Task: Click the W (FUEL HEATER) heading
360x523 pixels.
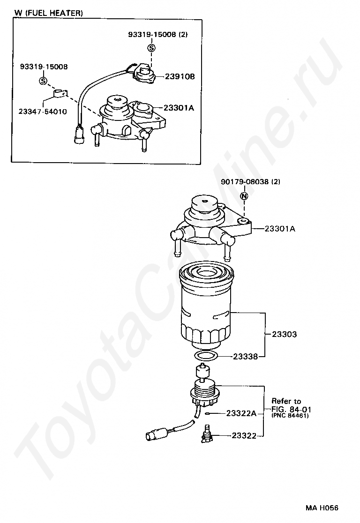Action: [x=49, y=13]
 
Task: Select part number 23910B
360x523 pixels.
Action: [x=179, y=76]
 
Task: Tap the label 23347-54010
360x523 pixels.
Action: [x=42, y=112]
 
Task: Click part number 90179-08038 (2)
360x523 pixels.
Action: [x=250, y=181]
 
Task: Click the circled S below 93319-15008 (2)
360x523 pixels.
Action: [x=151, y=47]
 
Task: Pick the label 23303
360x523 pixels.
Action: [x=285, y=335]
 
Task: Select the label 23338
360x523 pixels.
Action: [x=246, y=357]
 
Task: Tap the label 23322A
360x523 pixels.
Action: [x=241, y=413]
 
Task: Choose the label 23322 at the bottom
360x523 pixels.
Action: [x=244, y=435]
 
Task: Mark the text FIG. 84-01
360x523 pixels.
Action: [x=292, y=409]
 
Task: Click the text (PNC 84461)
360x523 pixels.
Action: [x=290, y=415]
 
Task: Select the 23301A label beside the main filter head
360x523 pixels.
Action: [x=280, y=229]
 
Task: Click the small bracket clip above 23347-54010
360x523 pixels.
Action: [x=59, y=94]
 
